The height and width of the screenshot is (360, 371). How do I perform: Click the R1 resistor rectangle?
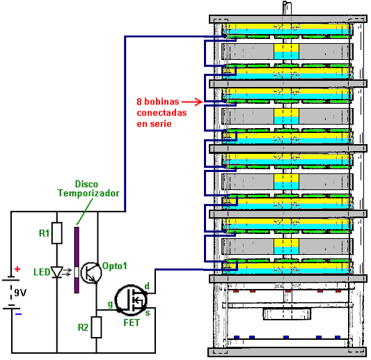click(x=57, y=233)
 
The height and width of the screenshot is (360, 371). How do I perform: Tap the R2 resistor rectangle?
click(x=97, y=327)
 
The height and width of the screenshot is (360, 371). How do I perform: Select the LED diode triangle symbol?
click(x=57, y=272)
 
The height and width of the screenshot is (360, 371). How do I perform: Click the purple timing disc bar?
click(x=77, y=260)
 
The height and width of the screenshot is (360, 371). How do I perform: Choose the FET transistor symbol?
click(x=131, y=300)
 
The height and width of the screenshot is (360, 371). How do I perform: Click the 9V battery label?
click(x=20, y=292)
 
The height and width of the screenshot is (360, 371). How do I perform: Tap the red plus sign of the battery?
click(x=17, y=269)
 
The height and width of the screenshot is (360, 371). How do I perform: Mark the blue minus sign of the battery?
click(x=19, y=314)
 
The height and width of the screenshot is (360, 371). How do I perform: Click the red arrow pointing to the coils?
click(x=192, y=102)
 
